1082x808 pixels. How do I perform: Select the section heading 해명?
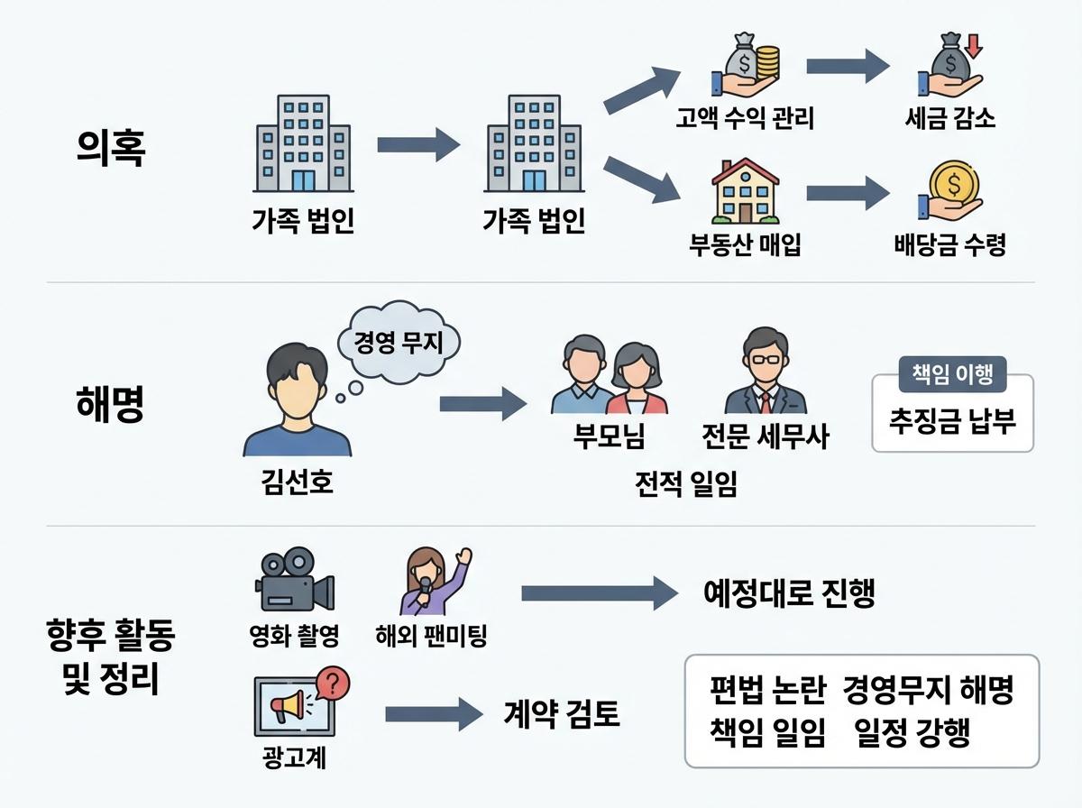click(x=110, y=404)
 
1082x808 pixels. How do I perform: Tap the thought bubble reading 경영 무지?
click(x=398, y=344)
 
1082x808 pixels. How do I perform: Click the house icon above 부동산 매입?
click(x=745, y=191)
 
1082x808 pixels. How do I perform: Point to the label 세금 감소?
click(x=949, y=118)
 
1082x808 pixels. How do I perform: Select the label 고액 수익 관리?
click(x=745, y=118)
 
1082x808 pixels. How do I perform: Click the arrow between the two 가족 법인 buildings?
click(x=418, y=144)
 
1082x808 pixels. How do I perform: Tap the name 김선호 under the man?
click(x=292, y=482)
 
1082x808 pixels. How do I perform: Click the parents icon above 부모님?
click(x=609, y=375)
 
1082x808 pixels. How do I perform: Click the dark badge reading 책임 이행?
click(x=952, y=376)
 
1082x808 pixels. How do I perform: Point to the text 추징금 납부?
click(x=952, y=419)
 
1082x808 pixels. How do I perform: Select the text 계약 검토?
click(x=561, y=714)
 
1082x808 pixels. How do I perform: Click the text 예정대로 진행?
click(x=789, y=592)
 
